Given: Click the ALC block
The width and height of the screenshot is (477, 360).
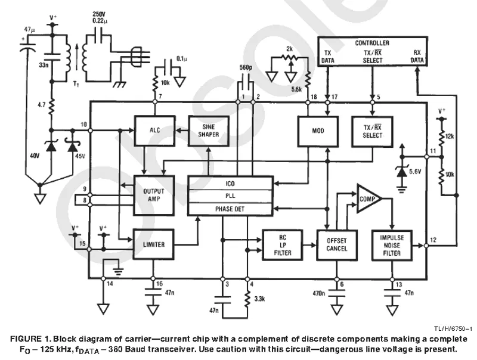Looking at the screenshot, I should pos(154,130).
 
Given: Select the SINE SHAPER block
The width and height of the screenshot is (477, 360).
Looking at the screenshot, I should pos(208,130).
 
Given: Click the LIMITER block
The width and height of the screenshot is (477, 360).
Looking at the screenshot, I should pos(154,244).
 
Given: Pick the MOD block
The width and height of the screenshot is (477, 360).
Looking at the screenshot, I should pos(317,130).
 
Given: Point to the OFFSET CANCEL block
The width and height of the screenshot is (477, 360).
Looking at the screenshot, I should pos(336,244).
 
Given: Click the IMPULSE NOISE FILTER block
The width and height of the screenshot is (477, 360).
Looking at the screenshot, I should pos(392,244).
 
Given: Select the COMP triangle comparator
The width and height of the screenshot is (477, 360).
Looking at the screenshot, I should pos(367,201).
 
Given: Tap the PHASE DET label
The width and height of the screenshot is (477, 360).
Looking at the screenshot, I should pos(230,209).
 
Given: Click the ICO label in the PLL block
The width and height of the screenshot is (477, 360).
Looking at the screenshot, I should pos(230,183).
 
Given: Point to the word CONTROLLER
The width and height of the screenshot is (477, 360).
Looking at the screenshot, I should pos(372,43).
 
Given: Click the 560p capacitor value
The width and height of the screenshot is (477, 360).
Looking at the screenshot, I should pos(246,68).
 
